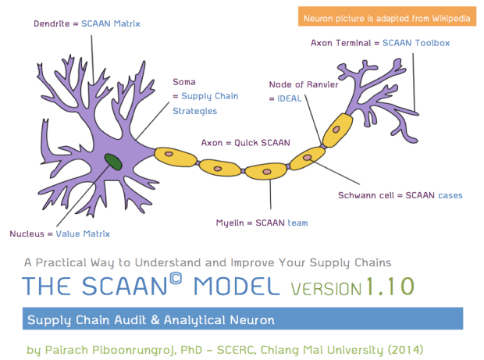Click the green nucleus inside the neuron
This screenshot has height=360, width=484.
[114, 162]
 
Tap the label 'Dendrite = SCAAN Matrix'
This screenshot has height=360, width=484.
[87, 23]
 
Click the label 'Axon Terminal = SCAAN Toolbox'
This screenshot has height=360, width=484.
[381, 43]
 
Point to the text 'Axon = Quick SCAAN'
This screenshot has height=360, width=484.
[245, 143]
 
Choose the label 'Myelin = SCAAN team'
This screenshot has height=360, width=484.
[262, 223]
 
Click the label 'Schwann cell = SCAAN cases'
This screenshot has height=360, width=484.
[400, 194]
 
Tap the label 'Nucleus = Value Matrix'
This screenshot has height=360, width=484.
[59, 233]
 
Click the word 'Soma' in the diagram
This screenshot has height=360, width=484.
[183, 81]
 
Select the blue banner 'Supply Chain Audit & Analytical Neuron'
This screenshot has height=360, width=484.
[242, 319]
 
